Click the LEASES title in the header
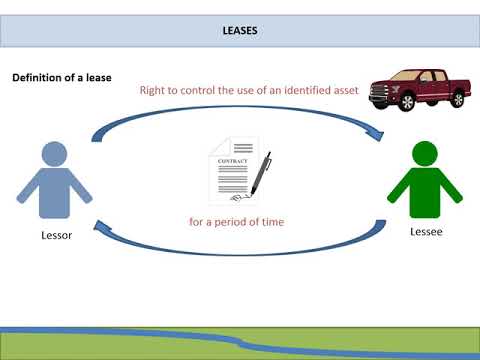(239, 31)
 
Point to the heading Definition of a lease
(61, 78)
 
